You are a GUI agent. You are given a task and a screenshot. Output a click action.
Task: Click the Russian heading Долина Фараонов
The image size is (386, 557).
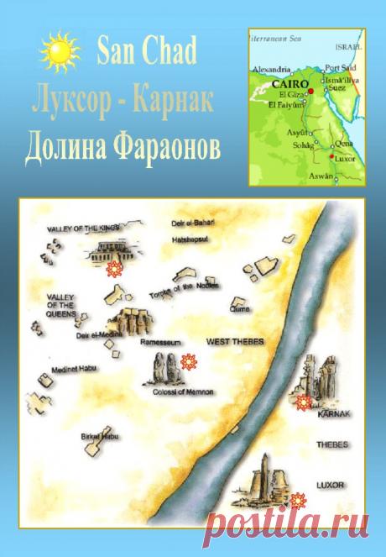pos(123,145)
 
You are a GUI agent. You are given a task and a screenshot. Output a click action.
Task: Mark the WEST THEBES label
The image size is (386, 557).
pos(231,342)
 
